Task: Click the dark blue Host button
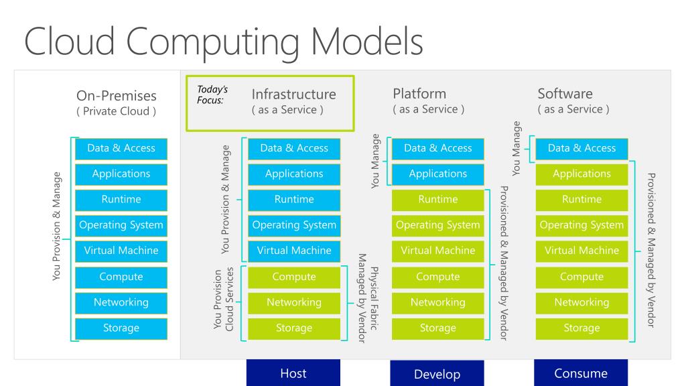point(293,373)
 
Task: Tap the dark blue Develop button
point(437,373)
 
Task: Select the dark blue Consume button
point(581,373)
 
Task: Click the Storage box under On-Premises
point(121,328)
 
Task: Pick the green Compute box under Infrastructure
point(294,277)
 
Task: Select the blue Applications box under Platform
point(438,174)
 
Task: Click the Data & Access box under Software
point(582,149)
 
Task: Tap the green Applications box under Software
point(582,174)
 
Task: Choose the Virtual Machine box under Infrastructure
point(294,251)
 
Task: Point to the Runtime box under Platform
point(438,200)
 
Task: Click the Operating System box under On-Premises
point(121,226)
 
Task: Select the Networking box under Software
point(582,303)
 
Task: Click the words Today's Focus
point(212,94)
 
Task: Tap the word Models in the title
point(367,42)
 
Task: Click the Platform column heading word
point(419,94)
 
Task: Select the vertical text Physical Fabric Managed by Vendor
point(368,298)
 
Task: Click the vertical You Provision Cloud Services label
point(224,298)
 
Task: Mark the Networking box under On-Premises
point(121,303)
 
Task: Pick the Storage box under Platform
point(438,328)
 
